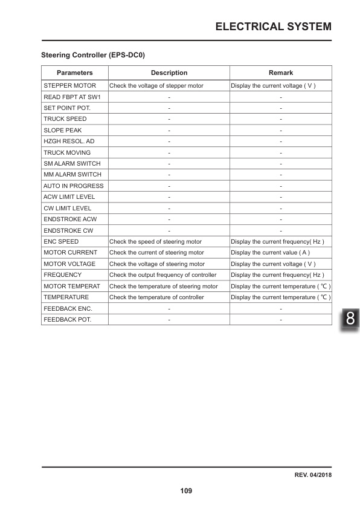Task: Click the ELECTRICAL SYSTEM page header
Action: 273,26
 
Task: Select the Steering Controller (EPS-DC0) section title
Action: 92,55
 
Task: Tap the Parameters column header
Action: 74,73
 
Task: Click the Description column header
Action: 169,73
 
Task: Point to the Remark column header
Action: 281,73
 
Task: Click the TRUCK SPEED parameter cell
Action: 65,119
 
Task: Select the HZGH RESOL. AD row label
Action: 69,141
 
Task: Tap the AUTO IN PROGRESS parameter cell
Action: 74,186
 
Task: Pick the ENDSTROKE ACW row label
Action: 70,219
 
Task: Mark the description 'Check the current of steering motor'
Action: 157,252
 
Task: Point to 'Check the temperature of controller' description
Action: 157,297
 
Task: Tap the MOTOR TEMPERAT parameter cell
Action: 71,286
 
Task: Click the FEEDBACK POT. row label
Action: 68,319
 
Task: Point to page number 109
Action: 186,491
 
